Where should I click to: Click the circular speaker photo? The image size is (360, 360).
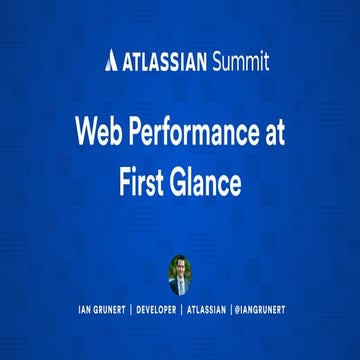[180, 273]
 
